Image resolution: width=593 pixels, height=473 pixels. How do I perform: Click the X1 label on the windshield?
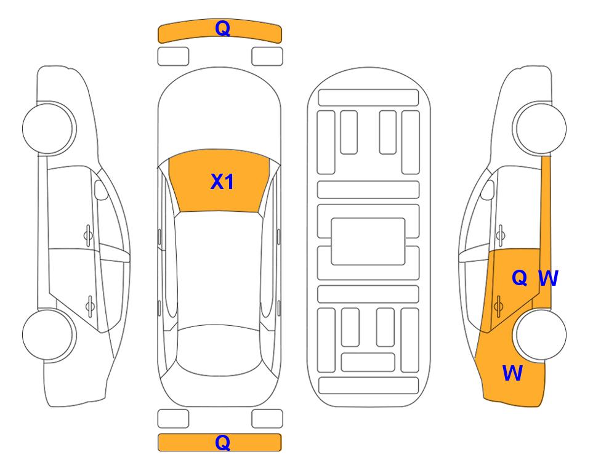(222, 182)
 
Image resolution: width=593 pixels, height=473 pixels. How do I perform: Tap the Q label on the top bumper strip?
(222, 28)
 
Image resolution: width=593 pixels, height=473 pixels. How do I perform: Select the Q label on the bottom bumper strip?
(222, 442)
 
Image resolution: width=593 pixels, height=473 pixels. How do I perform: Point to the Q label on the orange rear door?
(519, 278)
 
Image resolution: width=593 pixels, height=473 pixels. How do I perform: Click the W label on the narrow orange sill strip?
(548, 278)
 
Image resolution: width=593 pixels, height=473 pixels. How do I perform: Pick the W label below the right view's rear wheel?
(512, 373)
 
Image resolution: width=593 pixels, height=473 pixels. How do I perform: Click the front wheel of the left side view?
(49, 128)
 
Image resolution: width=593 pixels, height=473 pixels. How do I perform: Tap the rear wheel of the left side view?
(49, 334)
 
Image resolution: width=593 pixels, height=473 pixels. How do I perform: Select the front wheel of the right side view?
(539, 128)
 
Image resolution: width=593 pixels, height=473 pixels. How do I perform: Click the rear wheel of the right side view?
(539, 334)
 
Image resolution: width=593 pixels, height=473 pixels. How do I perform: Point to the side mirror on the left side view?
(100, 190)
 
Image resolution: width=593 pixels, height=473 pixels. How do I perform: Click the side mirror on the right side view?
(488, 190)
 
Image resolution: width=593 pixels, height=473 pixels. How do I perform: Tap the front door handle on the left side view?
(88, 235)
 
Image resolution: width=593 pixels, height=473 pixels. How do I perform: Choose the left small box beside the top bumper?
(173, 57)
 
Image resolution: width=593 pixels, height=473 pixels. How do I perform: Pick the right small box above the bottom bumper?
(267, 419)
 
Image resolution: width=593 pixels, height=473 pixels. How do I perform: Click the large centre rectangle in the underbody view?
(368, 241)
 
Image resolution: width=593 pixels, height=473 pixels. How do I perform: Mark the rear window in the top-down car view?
(219, 350)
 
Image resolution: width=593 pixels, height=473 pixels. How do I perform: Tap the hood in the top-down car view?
(219, 113)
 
